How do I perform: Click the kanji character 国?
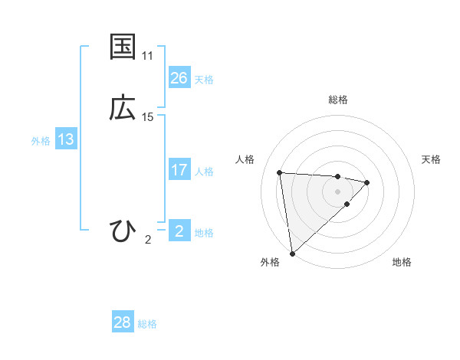[x=123, y=47]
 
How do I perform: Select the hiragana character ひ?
[x=123, y=231]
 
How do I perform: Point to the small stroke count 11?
[x=148, y=56]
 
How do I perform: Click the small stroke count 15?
[x=148, y=117]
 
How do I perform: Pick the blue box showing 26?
[x=179, y=78]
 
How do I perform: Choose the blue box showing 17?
[x=179, y=170]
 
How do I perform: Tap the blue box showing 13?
[x=66, y=139]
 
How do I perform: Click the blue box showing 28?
[x=123, y=322]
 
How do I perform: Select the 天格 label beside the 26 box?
[x=204, y=80]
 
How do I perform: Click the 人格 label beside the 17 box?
[x=204, y=172]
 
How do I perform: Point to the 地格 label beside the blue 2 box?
[x=204, y=233]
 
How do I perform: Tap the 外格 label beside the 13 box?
[x=41, y=141]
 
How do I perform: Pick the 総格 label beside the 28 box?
[x=147, y=324]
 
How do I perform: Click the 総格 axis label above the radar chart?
[x=338, y=100]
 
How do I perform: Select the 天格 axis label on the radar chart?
[x=432, y=159]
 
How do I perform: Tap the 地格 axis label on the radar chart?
[x=402, y=263]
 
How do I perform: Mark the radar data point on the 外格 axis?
[x=292, y=253]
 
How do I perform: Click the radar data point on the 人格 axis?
[x=280, y=172]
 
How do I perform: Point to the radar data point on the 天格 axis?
[x=367, y=182]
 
